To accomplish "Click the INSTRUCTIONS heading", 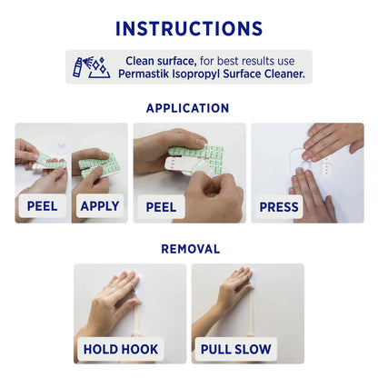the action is coord(189,29).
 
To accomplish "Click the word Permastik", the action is coord(144,74).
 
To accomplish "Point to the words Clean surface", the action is coord(161,61).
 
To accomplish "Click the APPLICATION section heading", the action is coord(187,108).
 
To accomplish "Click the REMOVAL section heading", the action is coord(191,249).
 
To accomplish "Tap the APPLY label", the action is coord(100,206).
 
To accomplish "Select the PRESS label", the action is coord(279,207).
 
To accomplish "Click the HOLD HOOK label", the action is coord(121,349).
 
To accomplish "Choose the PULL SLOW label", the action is coord(235,349).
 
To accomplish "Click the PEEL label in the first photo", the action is coord(42,206).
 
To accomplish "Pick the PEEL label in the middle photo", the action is coord(161,207).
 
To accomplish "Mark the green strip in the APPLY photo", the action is coord(98,166).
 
